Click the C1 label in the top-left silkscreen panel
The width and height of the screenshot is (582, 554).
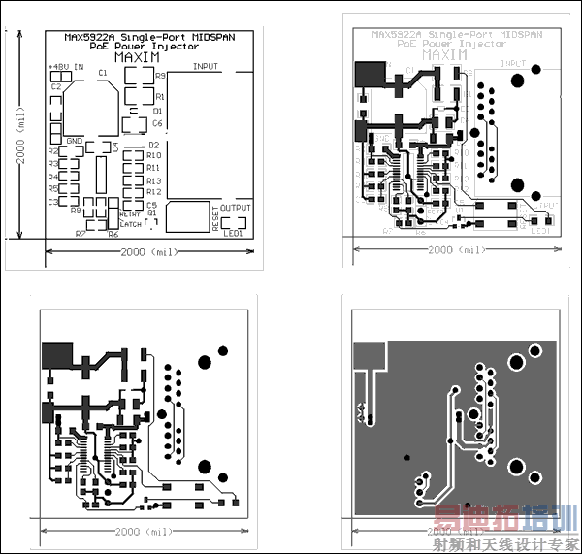point(103,73)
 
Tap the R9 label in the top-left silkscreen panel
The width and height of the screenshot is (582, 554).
point(160,76)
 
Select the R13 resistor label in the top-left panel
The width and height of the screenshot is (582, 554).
point(154,180)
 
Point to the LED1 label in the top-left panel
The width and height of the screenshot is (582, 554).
point(233,234)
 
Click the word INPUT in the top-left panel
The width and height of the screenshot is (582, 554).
point(206,66)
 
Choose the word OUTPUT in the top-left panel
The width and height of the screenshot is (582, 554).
point(235,208)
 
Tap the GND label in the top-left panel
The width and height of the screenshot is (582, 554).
point(75,142)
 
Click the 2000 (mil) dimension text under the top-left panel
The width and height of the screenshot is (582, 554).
point(148,252)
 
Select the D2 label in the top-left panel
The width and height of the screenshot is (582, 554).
point(153,145)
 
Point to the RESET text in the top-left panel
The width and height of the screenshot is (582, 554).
point(215,218)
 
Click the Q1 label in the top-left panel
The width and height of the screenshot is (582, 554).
point(151,213)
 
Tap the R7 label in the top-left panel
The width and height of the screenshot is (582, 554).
point(81,234)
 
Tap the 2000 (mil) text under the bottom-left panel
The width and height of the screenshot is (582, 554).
point(143,534)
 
